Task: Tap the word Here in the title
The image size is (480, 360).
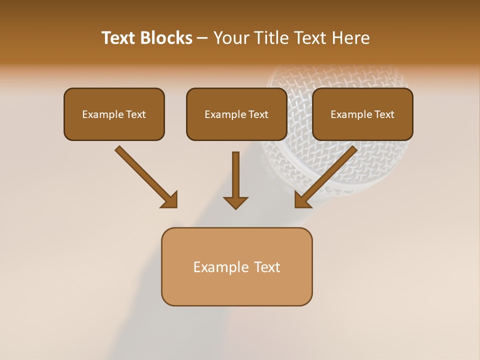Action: point(350,38)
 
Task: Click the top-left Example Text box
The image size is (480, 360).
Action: point(114,114)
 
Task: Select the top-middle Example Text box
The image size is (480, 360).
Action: point(236,114)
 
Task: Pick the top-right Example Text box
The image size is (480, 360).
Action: point(362,114)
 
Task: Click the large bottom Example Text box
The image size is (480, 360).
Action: point(236,266)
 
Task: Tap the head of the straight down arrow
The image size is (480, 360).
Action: point(235,202)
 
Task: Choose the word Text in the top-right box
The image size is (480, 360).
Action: point(384,114)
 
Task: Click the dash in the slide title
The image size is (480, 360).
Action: point(202,38)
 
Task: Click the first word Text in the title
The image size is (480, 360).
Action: point(120,38)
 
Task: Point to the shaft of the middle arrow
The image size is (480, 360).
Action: point(235,172)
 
